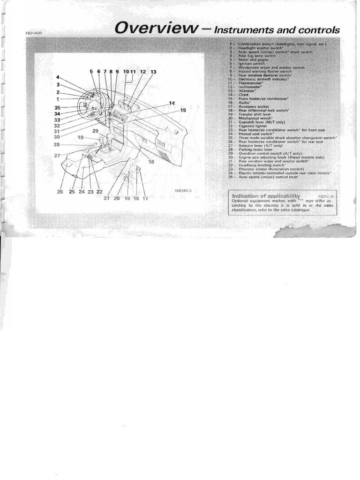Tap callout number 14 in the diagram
pyautogui.click(x=172, y=103)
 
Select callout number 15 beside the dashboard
pyautogui.click(x=182, y=110)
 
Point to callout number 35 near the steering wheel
pyautogui.click(x=58, y=107)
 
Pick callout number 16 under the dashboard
pyautogui.click(x=151, y=161)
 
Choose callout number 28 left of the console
pyautogui.click(x=57, y=145)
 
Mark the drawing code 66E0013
pyautogui.click(x=183, y=190)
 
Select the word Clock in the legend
pyautogui.click(x=244, y=95)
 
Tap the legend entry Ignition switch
pyautogui.click(x=252, y=63)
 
